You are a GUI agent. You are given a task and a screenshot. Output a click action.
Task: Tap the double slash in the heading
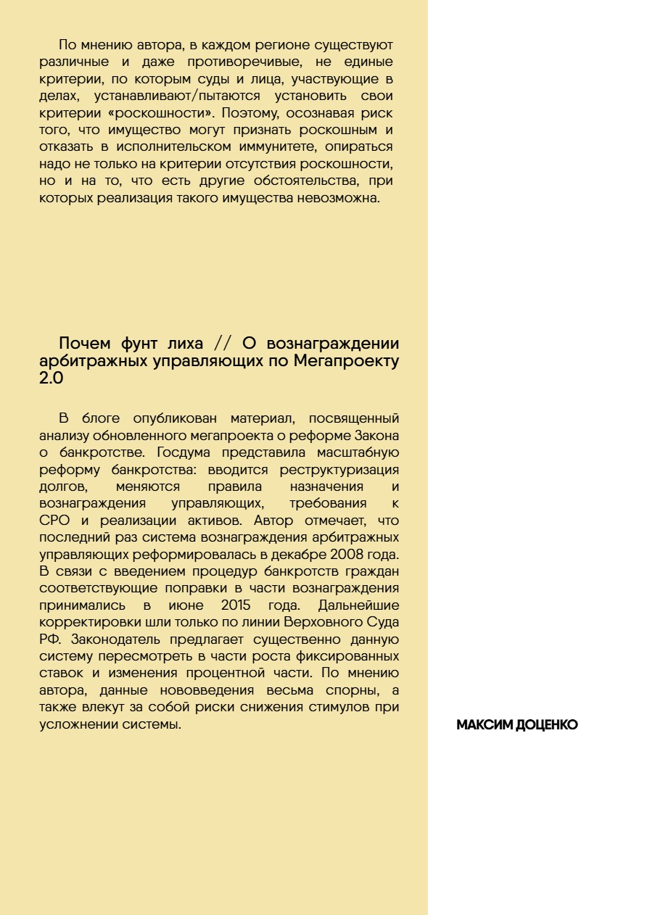(226, 343)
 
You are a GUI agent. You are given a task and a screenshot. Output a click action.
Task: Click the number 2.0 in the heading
(51, 378)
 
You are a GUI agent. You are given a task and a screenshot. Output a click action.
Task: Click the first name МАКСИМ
(485, 725)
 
